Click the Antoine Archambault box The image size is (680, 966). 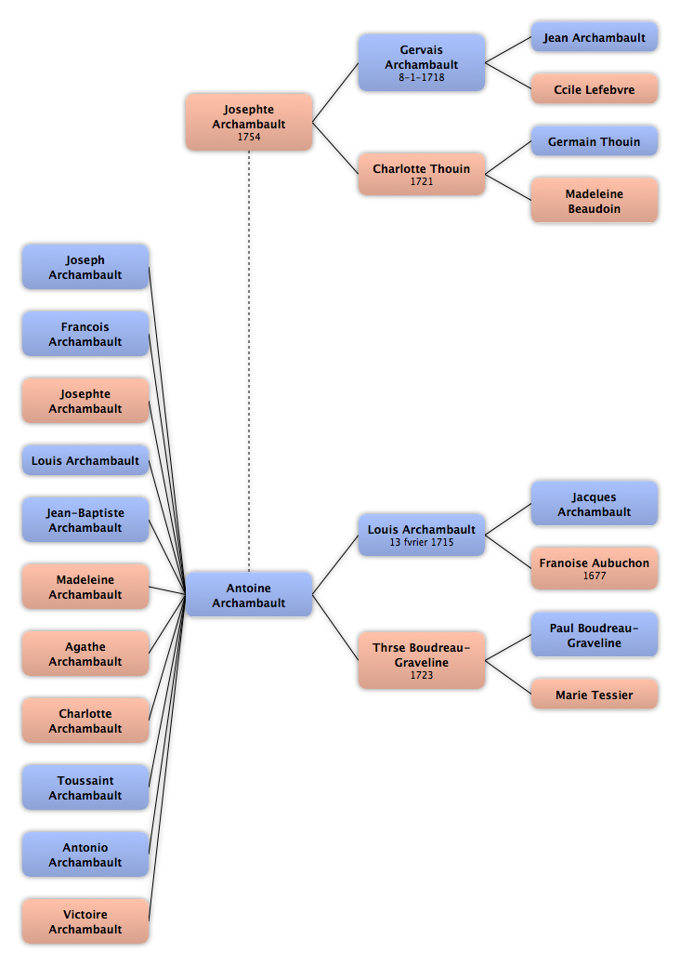click(249, 594)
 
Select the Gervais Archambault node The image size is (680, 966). click(422, 63)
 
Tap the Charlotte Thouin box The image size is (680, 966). click(422, 174)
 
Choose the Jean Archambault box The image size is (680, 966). click(595, 37)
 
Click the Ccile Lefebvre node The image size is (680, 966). click(595, 88)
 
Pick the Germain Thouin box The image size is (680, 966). click(595, 141)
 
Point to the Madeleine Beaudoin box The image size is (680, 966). click(595, 200)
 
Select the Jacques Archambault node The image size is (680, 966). click(595, 504)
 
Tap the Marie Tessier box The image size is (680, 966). click(595, 695)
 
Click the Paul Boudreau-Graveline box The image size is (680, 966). click(595, 635)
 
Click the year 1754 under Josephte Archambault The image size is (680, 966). click(249, 137)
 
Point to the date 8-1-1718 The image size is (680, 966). click(422, 77)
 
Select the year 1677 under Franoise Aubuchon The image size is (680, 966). click(595, 576)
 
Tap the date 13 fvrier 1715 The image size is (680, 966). click(422, 542)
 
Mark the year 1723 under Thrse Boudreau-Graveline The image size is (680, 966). click(422, 675)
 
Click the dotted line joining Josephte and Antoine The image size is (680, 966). click(249, 362)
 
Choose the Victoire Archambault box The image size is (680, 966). click(85, 921)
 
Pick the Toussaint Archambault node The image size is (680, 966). click(85, 787)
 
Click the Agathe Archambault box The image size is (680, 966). click(85, 654)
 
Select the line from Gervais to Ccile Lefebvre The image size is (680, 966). click(508, 76)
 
